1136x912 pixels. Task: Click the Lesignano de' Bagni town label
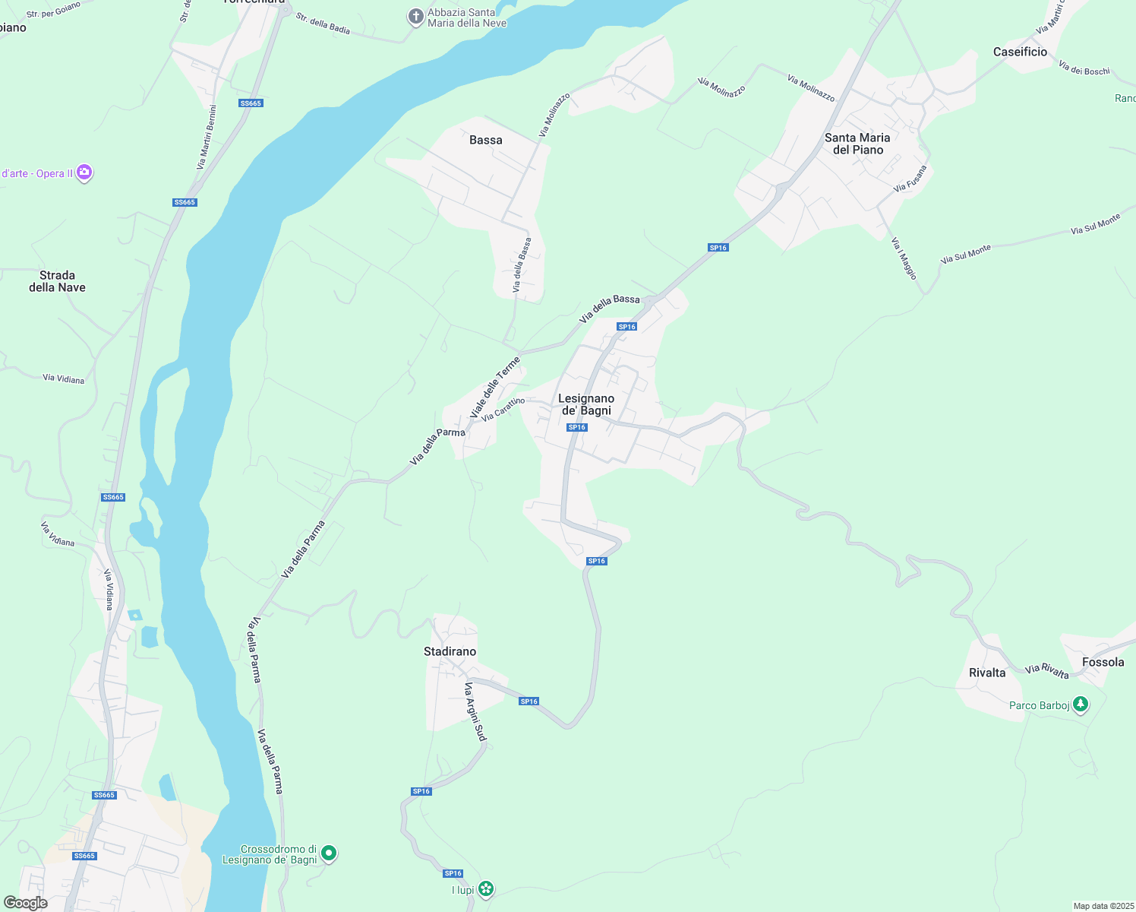(x=586, y=404)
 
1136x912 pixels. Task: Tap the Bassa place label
(x=486, y=140)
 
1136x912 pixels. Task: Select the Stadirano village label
(x=450, y=651)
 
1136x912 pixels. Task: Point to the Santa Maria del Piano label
(x=857, y=144)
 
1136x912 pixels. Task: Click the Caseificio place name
(x=1020, y=52)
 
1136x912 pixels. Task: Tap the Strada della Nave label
(x=57, y=281)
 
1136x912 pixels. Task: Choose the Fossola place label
(x=1103, y=662)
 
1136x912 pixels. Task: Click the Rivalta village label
(x=987, y=673)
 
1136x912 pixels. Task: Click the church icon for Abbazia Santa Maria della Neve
(x=415, y=16)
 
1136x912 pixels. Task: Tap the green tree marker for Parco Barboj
(x=1080, y=705)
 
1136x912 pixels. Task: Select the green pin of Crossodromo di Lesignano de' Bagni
(x=329, y=853)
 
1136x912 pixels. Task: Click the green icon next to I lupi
(x=486, y=888)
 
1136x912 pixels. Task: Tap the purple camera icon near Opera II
(x=84, y=173)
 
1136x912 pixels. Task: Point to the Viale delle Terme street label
(x=496, y=388)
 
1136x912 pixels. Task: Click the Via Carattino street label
(x=503, y=409)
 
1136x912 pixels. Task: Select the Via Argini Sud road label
(x=475, y=711)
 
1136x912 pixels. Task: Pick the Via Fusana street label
(x=910, y=179)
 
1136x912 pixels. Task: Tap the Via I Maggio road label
(x=904, y=258)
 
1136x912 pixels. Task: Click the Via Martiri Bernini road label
(x=207, y=137)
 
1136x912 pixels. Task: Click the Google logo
(x=26, y=903)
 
